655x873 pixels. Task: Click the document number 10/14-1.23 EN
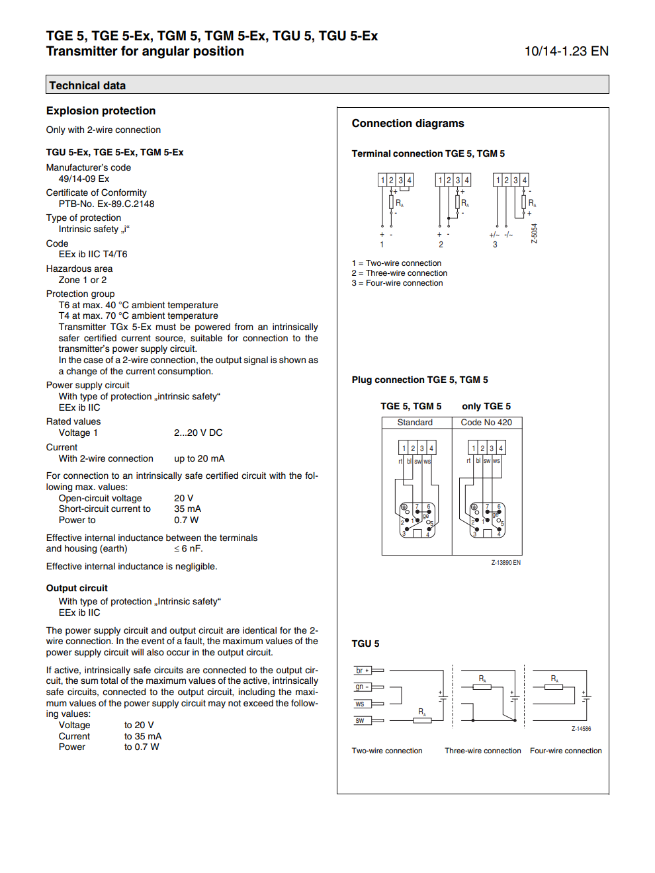566,52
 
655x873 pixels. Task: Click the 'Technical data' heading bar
327,85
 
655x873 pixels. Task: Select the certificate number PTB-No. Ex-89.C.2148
107,204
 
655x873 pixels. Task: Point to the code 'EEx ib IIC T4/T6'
93,254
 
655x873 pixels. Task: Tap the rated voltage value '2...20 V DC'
198,433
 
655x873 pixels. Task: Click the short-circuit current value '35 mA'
187,509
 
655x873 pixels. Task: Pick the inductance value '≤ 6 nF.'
188,549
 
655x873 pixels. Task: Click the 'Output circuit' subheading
77,588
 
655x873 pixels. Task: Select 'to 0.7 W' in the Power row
142,747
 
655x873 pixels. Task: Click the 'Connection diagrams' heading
408,124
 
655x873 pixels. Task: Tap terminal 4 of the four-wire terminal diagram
524,180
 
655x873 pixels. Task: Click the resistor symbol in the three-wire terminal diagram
457,202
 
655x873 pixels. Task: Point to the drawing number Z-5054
535,233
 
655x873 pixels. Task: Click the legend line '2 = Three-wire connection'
400,273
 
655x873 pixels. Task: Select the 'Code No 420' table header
486,423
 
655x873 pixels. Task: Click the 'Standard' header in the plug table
415,423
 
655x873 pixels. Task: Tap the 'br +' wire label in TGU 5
362,671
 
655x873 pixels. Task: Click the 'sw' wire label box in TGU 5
360,721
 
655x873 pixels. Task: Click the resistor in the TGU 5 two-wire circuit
422,720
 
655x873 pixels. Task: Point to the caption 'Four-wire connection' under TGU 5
566,751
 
